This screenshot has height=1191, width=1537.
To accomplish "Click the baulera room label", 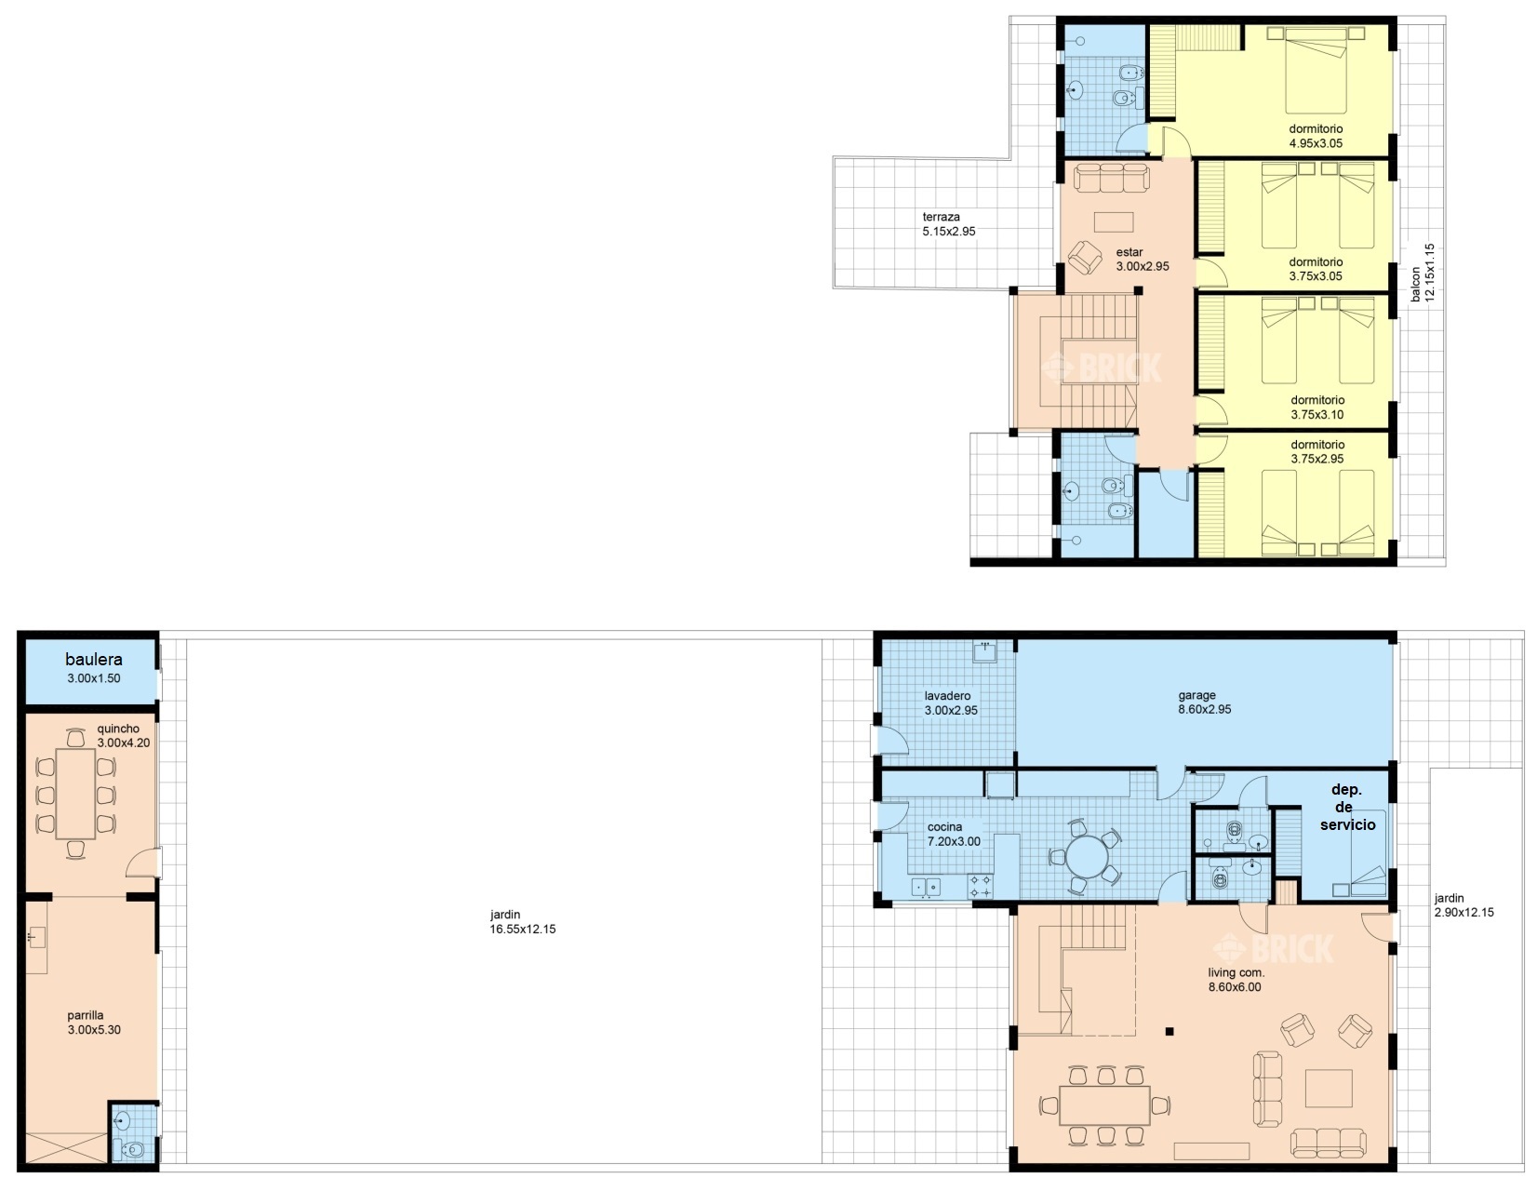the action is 93,668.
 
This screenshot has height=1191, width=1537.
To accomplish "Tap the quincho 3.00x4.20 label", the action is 124,735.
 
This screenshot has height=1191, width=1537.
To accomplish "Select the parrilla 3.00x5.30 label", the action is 94,1022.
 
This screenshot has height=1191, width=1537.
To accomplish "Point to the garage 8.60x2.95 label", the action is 1205,703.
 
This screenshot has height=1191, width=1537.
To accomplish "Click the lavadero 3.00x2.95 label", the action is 952,703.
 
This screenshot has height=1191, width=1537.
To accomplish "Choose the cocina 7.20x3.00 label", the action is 954,834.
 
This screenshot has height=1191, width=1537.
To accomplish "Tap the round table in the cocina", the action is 1087,857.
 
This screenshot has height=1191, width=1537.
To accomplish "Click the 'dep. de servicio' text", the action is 1347,807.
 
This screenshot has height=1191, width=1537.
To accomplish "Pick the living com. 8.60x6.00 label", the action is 1235,980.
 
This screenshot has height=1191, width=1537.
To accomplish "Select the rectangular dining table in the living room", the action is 1104,1105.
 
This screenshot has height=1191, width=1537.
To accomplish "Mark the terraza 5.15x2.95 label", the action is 948,224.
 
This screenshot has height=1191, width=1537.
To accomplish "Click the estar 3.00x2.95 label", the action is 1143,259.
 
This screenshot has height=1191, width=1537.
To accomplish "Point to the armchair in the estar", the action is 1085,258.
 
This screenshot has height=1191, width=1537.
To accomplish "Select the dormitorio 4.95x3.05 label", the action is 1316,136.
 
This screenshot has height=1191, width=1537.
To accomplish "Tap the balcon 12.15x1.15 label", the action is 1423,274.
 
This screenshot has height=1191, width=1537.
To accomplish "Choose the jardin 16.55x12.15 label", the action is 523,921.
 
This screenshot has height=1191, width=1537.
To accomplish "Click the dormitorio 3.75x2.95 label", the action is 1317,451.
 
